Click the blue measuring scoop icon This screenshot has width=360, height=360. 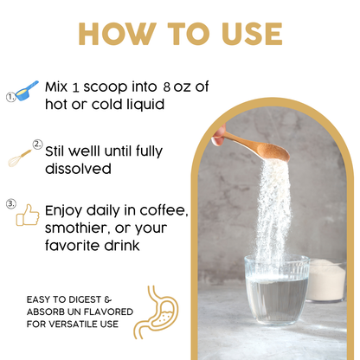coord(27,91)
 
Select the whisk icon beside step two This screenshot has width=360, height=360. coord(19,158)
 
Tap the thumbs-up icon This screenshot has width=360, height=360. coord(28,215)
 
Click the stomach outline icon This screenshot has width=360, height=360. coord(156,312)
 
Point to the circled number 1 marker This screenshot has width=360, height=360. coord(10,97)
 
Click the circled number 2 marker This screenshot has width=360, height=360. coord(37,144)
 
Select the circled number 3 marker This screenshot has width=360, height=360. coord(11,204)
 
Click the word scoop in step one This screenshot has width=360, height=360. coord(106,87)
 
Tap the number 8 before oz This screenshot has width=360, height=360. coord(166,87)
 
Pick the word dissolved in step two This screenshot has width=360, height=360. coord(78,169)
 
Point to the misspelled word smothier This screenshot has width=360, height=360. coord(77,228)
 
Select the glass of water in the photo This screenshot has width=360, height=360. coord(277,290)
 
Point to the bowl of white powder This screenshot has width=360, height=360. coord(327,281)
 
